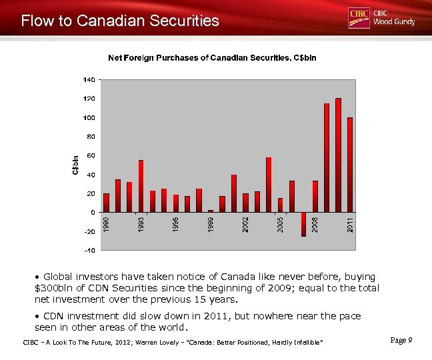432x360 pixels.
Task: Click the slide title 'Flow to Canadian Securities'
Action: pyautogui.click(x=120, y=21)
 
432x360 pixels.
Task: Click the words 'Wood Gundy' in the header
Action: pyautogui.click(x=394, y=22)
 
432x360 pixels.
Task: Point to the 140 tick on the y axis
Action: pyautogui.click(x=89, y=79)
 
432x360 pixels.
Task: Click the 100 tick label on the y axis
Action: pyautogui.click(x=89, y=117)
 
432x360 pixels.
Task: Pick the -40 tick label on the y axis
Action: pyautogui.click(x=89, y=251)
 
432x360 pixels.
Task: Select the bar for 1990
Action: pyautogui.click(x=106, y=203)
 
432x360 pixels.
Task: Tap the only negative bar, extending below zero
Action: pyautogui.click(x=303, y=224)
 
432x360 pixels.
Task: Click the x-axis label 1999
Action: pyautogui.click(x=211, y=224)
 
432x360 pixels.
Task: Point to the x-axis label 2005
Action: pyautogui.click(x=280, y=224)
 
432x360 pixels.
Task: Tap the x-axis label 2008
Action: pyautogui.click(x=315, y=224)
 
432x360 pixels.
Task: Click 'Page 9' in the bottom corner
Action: pyautogui.click(x=401, y=341)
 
